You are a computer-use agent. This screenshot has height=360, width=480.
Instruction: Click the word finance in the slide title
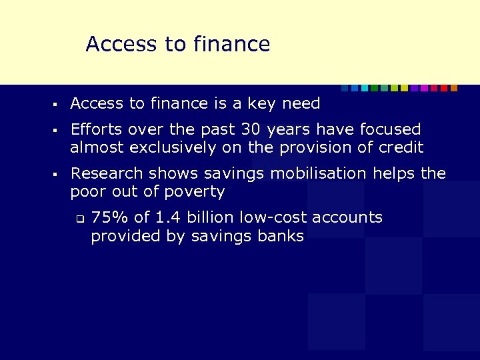231,44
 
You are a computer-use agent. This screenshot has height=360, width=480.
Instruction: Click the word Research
101,174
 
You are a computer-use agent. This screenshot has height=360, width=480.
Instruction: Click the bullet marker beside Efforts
58,130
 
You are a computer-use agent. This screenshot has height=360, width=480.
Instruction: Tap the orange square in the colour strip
454,88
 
